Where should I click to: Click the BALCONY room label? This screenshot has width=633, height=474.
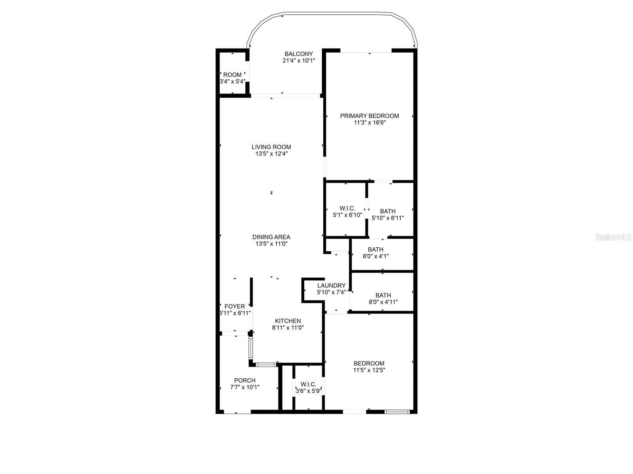(299, 54)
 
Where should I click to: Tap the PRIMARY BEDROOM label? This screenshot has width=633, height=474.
(370, 116)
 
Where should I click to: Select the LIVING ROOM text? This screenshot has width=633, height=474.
(271, 147)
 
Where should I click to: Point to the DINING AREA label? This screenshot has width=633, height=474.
(271, 237)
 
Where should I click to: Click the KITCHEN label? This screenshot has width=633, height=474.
(288, 321)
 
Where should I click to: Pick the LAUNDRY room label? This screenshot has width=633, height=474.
(331, 286)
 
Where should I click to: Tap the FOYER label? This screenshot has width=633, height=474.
(235, 307)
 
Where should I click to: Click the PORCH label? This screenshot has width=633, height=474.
(244, 380)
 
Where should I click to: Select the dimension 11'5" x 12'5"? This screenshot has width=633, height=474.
(369, 370)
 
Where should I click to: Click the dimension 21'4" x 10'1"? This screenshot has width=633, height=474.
(299, 61)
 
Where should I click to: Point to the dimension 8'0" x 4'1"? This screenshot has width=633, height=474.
(375, 256)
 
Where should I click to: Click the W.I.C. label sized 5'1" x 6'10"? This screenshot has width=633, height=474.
(347, 208)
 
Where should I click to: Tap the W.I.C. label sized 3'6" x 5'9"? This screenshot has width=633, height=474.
(308, 384)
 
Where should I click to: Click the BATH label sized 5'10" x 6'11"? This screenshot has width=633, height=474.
(388, 211)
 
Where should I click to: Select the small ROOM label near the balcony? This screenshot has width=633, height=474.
(232, 75)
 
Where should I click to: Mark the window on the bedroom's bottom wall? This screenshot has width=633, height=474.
(397, 412)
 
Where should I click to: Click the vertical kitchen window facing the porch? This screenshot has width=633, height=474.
(250, 347)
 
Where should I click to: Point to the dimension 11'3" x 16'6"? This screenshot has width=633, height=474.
(370, 122)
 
